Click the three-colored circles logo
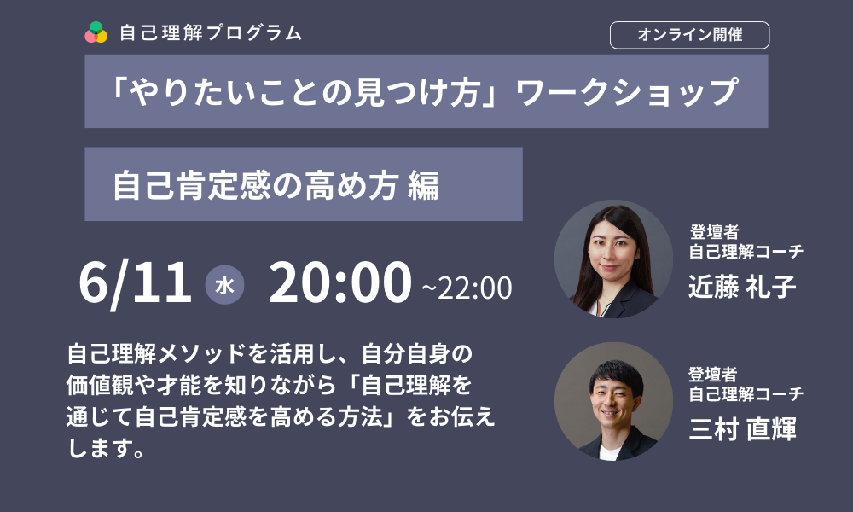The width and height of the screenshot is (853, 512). point(96,32)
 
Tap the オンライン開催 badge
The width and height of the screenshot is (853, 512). point(689,35)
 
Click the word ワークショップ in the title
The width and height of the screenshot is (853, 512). point(627,91)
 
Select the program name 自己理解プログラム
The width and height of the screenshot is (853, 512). point(211,32)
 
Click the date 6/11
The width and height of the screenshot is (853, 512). point(135,283)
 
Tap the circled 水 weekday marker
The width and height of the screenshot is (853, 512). point(224,285)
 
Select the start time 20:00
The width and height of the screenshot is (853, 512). point(340,282)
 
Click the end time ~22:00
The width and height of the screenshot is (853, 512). point(467,288)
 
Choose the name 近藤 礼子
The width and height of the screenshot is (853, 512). point(742,286)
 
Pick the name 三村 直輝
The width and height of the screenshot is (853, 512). point(742,428)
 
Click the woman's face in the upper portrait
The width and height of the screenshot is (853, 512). point(613,252)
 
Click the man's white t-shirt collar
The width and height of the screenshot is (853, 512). point(609,451)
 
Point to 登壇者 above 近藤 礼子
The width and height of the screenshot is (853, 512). point(714,232)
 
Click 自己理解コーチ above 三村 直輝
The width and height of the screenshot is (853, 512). point(746,393)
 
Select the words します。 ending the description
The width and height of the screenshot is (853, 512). point(106,448)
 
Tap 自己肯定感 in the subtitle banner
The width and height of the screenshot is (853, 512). point(191,185)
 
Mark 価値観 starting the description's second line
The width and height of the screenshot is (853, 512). point(100,385)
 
